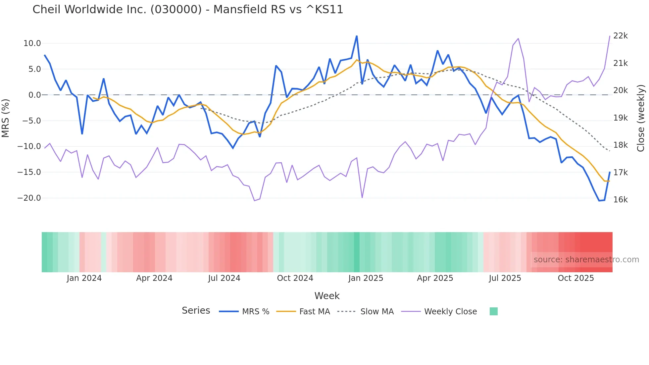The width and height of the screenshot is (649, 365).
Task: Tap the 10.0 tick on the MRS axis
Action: (32, 43)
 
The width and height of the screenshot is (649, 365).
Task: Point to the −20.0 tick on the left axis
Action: (29, 198)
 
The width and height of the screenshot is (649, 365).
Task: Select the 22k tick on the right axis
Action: (620, 36)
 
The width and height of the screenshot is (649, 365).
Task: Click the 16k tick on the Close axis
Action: (620, 200)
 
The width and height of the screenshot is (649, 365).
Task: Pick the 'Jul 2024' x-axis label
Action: (224, 278)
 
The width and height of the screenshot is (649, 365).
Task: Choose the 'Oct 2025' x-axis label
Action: (575, 278)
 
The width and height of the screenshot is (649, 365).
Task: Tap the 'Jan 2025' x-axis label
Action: (366, 278)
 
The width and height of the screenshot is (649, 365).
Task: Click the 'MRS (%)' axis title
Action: (6, 118)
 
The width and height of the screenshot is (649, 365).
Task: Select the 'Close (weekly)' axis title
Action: (641, 118)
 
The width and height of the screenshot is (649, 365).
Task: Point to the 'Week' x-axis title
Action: (327, 296)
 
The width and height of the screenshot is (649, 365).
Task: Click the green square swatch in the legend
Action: (493, 311)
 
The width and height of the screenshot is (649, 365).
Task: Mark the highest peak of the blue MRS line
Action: (357, 36)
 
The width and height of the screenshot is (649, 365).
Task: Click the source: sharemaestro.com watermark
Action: (586, 260)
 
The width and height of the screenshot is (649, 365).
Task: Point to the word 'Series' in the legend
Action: (196, 311)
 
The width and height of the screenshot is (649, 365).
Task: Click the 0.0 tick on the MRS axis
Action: (34, 95)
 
